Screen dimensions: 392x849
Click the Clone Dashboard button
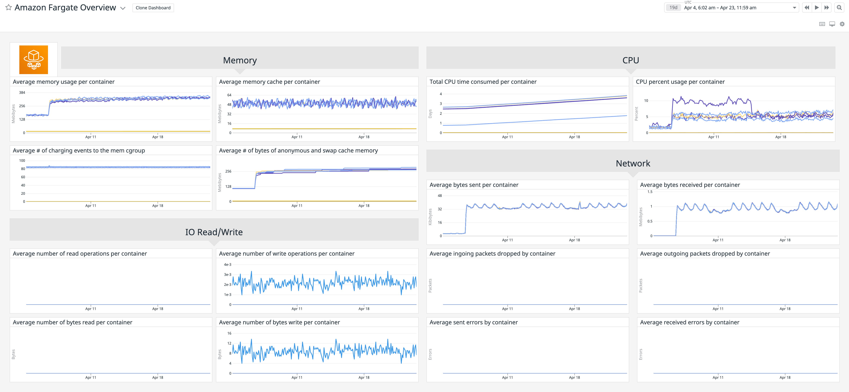click(x=153, y=8)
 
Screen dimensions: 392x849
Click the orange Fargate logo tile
click(x=34, y=60)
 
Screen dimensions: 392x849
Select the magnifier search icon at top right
click(x=839, y=8)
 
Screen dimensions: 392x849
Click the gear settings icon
click(x=842, y=24)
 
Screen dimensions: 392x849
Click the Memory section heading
click(x=240, y=60)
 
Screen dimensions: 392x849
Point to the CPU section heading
click(x=631, y=60)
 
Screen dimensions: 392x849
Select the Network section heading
click(x=633, y=163)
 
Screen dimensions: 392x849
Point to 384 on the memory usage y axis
click(x=22, y=93)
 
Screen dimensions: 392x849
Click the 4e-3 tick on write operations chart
click(x=227, y=265)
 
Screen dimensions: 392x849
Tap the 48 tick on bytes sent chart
click(x=440, y=196)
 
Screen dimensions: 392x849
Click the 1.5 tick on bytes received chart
click(x=650, y=192)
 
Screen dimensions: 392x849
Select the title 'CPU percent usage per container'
click(x=680, y=82)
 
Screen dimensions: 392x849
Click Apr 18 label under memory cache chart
click(x=364, y=137)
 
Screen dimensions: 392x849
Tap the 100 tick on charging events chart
click(x=22, y=161)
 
